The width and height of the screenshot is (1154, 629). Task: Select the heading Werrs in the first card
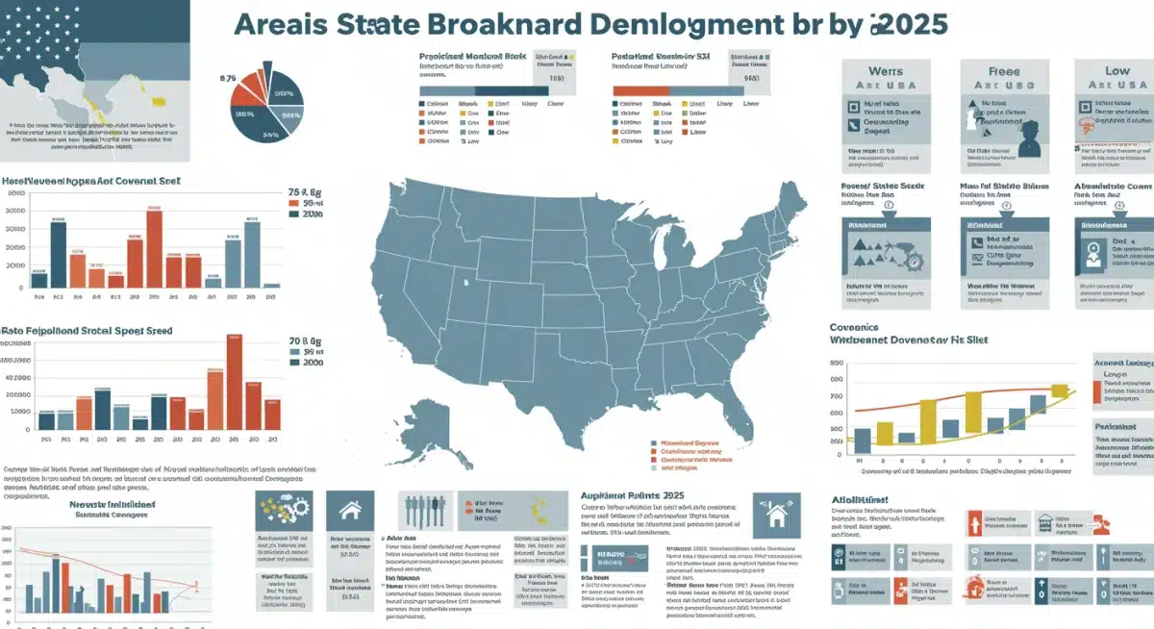885,71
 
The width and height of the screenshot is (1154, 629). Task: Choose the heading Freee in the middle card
1003,71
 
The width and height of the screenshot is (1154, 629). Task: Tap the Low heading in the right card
1116,71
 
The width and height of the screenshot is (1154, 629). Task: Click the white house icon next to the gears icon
349,511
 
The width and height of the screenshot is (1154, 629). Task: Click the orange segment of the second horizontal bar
640,89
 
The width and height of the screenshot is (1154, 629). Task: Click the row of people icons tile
423,510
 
